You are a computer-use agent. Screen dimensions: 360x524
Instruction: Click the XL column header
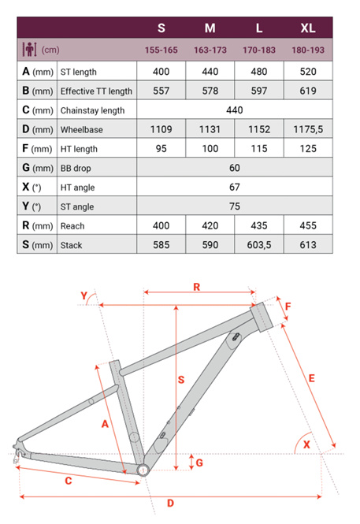(308, 28)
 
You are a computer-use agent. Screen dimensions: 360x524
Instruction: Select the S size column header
(161, 28)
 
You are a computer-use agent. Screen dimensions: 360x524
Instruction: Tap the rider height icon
(29, 50)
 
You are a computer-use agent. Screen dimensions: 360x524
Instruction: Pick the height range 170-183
(259, 50)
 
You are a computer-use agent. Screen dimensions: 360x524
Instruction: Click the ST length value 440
(210, 72)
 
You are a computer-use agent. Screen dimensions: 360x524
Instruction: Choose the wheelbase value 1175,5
(308, 129)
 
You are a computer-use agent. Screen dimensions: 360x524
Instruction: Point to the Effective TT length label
(96, 91)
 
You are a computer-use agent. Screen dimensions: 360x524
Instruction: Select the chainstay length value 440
(235, 110)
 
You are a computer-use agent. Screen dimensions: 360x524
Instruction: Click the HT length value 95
(161, 149)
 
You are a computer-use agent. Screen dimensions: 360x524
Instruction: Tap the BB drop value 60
(235, 168)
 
